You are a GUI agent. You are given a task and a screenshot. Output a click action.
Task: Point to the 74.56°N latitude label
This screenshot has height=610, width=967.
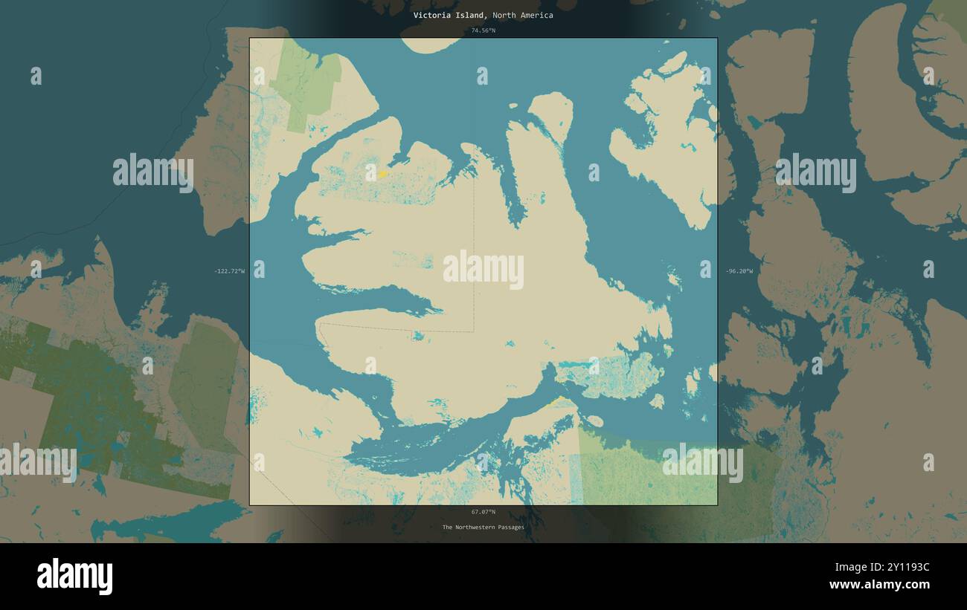tap(483, 30)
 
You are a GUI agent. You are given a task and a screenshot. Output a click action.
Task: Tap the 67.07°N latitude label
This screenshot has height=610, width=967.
tap(483, 512)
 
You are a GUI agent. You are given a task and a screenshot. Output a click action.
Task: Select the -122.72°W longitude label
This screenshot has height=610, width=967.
tap(229, 271)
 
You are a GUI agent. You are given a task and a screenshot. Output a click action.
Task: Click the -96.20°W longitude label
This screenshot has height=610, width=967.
tap(739, 271)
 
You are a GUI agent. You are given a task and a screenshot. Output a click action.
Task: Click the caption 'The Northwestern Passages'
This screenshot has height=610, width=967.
tap(483, 528)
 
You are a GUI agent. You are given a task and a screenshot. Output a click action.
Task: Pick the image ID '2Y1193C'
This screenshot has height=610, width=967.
tap(903, 568)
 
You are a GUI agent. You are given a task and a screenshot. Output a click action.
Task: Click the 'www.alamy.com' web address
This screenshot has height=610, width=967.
tap(879, 585)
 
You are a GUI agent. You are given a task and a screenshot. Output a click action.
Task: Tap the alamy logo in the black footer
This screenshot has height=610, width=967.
tap(74, 577)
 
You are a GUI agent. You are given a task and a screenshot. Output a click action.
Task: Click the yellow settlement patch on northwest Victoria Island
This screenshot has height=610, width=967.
tap(382, 174)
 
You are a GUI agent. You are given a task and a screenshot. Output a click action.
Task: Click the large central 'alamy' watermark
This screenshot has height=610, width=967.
tap(483, 270)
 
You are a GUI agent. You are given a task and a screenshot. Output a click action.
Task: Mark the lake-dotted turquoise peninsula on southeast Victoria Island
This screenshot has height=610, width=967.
tap(610, 375)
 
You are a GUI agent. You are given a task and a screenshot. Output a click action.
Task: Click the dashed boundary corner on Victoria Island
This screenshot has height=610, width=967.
tap(474, 331)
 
